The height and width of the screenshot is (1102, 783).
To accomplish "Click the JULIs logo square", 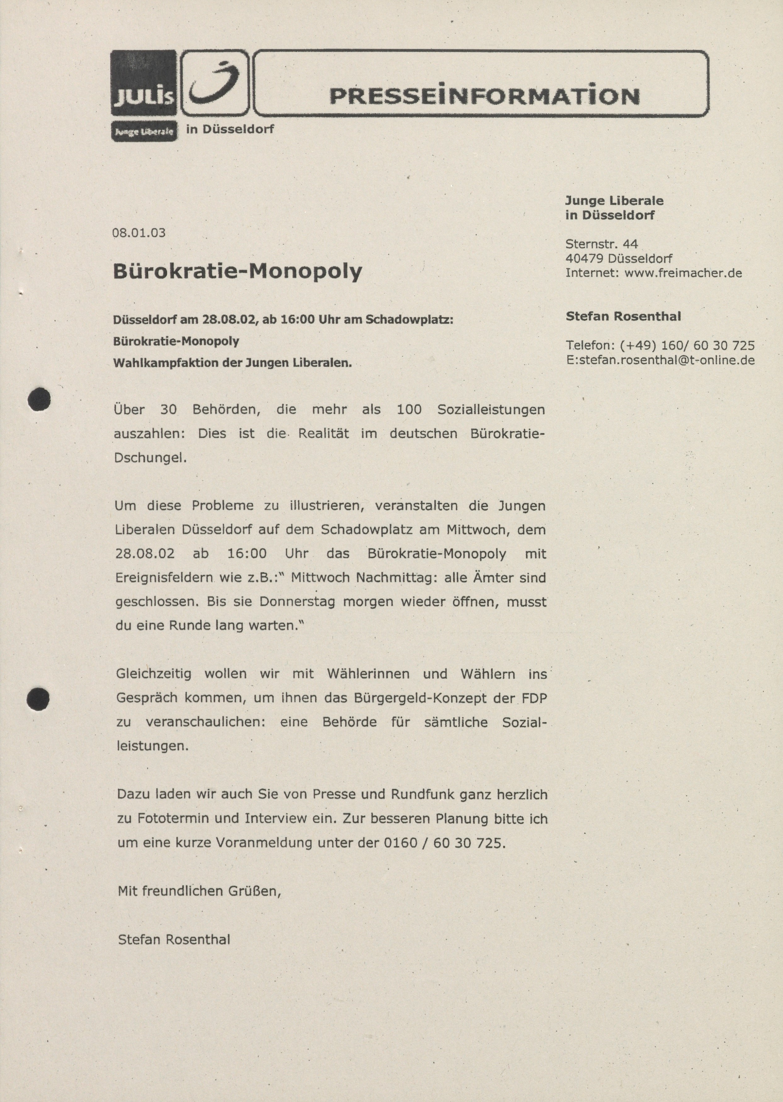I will pyautogui.click(x=144, y=83).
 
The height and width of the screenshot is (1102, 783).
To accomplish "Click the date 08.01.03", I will pyautogui.click(x=139, y=233).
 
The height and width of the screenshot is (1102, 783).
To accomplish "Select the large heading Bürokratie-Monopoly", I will pyautogui.click(x=237, y=271).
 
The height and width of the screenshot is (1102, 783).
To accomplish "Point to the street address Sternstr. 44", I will pyautogui.click(x=601, y=244).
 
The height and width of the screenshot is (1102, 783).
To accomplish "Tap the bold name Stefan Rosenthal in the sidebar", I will pyautogui.click(x=623, y=316).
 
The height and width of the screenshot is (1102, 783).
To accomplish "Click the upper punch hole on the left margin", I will pyautogui.click(x=39, y=399).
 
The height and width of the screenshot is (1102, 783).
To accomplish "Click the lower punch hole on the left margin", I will pyautogui.click(x=38, y=699).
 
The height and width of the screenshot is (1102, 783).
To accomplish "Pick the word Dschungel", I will pyautogui.click(x=150, y=457).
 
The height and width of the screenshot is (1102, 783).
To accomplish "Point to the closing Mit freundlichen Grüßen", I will pyautogui.click(x=199, y=891).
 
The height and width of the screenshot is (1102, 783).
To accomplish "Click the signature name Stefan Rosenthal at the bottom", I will pyautogui.click(x=174, y=940).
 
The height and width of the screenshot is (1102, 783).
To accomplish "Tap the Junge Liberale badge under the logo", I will pyautogui.click(x=144, y=132).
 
